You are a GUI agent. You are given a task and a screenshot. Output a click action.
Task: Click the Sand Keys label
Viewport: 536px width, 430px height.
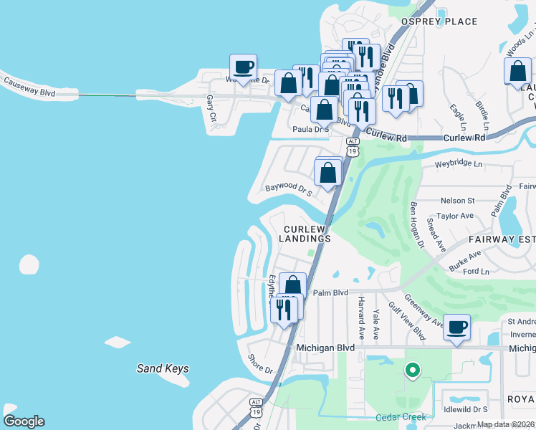click(x=163, y=369)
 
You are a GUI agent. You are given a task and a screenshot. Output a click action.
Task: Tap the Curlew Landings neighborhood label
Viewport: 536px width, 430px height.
click(x=305, y=233)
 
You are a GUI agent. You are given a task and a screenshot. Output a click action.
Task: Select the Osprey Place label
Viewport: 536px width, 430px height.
click(x=439, y=21)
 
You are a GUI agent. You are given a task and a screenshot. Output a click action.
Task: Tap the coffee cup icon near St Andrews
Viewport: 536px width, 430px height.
click(x=456, y=328)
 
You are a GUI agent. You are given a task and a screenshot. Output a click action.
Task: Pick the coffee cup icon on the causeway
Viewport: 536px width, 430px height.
click(x=243, y=67)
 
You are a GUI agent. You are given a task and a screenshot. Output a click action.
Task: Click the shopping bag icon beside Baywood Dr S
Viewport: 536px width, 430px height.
click(x=328, y=173)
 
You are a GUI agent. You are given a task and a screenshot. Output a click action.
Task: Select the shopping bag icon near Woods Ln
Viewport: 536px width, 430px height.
click(x=517, y=72)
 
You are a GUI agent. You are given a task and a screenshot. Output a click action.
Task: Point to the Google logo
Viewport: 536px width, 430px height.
click(x=24, y=421)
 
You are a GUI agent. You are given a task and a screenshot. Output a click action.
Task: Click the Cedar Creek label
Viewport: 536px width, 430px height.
click(x=401, y=417)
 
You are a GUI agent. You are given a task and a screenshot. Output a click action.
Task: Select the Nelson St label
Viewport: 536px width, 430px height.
click(x=457, y=201)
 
